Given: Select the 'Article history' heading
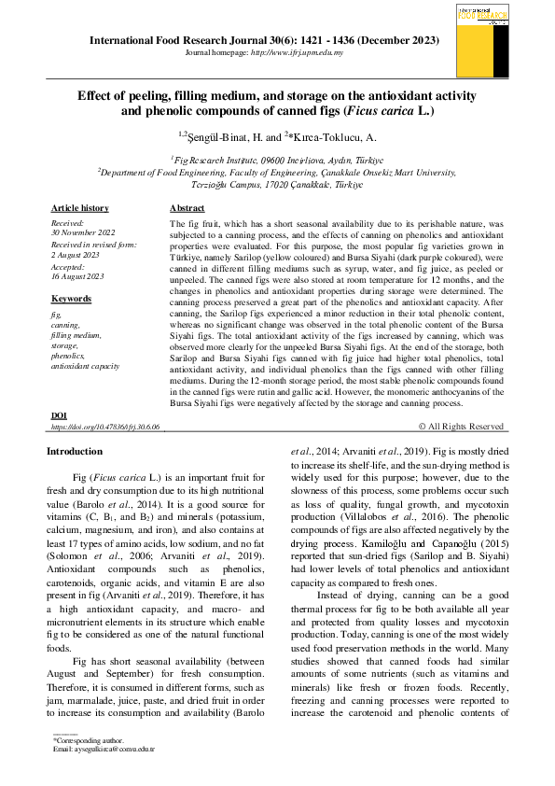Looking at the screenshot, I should pos(79,208).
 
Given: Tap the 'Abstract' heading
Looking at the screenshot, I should pos(187,208).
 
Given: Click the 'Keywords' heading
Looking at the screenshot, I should pos(71,299).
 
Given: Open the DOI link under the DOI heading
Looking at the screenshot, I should pos(105,427).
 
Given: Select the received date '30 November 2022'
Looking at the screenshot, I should pos(83,232).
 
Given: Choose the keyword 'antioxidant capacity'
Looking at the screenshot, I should pos(85,367).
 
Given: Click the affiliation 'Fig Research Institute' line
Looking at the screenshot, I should pos(277,160).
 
